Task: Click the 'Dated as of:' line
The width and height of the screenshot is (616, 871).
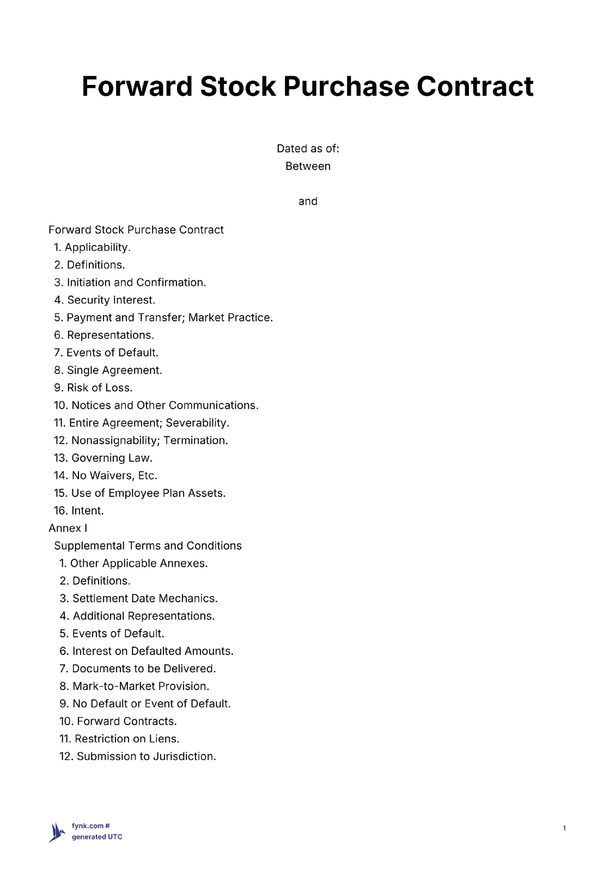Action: point(308,149)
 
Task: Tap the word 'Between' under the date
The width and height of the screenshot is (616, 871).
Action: point(308,166)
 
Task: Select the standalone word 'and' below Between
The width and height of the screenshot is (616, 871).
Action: point(308,201)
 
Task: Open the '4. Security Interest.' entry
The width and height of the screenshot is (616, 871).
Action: point(105,300)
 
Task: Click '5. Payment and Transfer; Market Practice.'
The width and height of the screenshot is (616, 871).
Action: point(163,317)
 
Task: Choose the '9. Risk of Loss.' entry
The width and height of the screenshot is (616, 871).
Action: point(93,388)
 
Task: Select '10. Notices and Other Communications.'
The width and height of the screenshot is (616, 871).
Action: point(156,405)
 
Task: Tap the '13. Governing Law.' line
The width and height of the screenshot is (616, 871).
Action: point(103,458)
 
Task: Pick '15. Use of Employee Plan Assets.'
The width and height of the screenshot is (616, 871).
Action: point(139,493)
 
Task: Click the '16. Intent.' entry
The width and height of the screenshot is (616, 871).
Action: point(78,511)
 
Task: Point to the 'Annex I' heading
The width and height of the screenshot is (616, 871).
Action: point(68,528)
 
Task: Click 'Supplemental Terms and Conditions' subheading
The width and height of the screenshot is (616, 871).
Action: point(148,545)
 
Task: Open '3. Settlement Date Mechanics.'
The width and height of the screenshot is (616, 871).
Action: point(138,598)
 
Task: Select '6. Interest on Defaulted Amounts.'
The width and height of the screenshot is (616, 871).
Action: point(146,651)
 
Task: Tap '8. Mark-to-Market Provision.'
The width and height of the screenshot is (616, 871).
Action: point(134,686)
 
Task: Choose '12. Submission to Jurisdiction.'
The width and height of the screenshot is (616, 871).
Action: point(137,756)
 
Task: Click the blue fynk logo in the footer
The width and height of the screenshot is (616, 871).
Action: point(57,832)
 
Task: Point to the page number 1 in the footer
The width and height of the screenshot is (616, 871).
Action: point(564,828)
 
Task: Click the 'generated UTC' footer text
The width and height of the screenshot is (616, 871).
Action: point(97,837)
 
